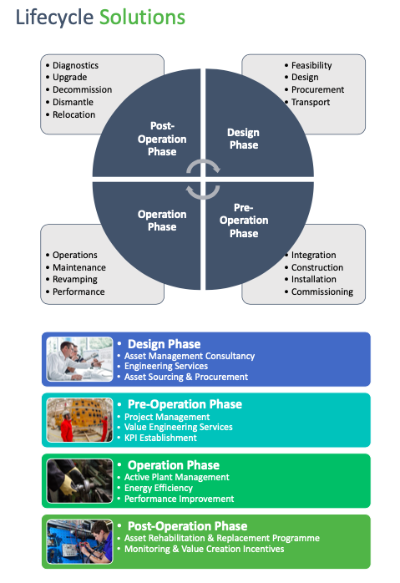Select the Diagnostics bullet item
75,65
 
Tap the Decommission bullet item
82,89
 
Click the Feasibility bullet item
311,65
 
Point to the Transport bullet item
310,102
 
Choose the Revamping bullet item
75,279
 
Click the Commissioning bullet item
322,291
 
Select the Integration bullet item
313,255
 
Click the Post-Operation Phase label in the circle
162,139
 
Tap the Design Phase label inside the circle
244,139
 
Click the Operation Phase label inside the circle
157,221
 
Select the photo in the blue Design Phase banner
80,359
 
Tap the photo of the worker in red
80,419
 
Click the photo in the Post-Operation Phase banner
80,542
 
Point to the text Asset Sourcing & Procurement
185,377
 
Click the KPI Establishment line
160,438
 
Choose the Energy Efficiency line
158,487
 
